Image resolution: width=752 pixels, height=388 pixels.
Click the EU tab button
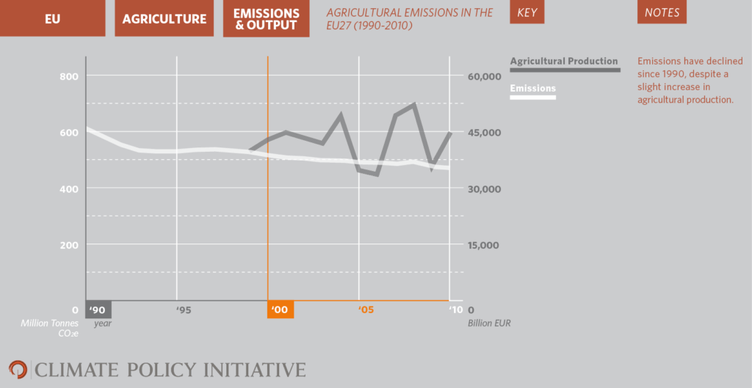coord(53,19)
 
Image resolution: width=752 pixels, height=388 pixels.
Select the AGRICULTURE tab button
coord(164,19)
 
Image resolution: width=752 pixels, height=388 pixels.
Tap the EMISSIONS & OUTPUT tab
coord(266,19)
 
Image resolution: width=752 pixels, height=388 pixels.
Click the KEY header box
coord(532,12)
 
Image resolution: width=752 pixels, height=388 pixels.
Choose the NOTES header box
coord(662,12)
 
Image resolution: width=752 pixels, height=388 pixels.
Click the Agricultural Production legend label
coord(564,61)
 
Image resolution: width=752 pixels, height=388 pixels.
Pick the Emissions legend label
coord(532,89)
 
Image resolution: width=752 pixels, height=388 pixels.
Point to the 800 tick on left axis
coord(68,76)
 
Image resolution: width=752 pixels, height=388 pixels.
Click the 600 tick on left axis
coord(68,133)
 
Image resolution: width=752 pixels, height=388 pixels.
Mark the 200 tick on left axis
coord(68,245)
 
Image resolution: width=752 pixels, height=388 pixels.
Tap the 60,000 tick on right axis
coord(483,76)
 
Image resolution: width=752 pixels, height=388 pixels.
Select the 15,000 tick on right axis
coord(483,245)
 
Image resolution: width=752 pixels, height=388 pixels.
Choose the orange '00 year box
coord(280,310)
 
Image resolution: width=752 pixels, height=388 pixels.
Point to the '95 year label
coord(184,310)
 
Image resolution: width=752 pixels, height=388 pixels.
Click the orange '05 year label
coord(366,310)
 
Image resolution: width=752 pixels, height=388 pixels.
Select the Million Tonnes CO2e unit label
coord(49,328)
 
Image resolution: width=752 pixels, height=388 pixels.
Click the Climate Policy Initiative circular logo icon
coord(18,369)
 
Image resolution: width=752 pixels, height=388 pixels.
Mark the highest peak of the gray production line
coord(414,104)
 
